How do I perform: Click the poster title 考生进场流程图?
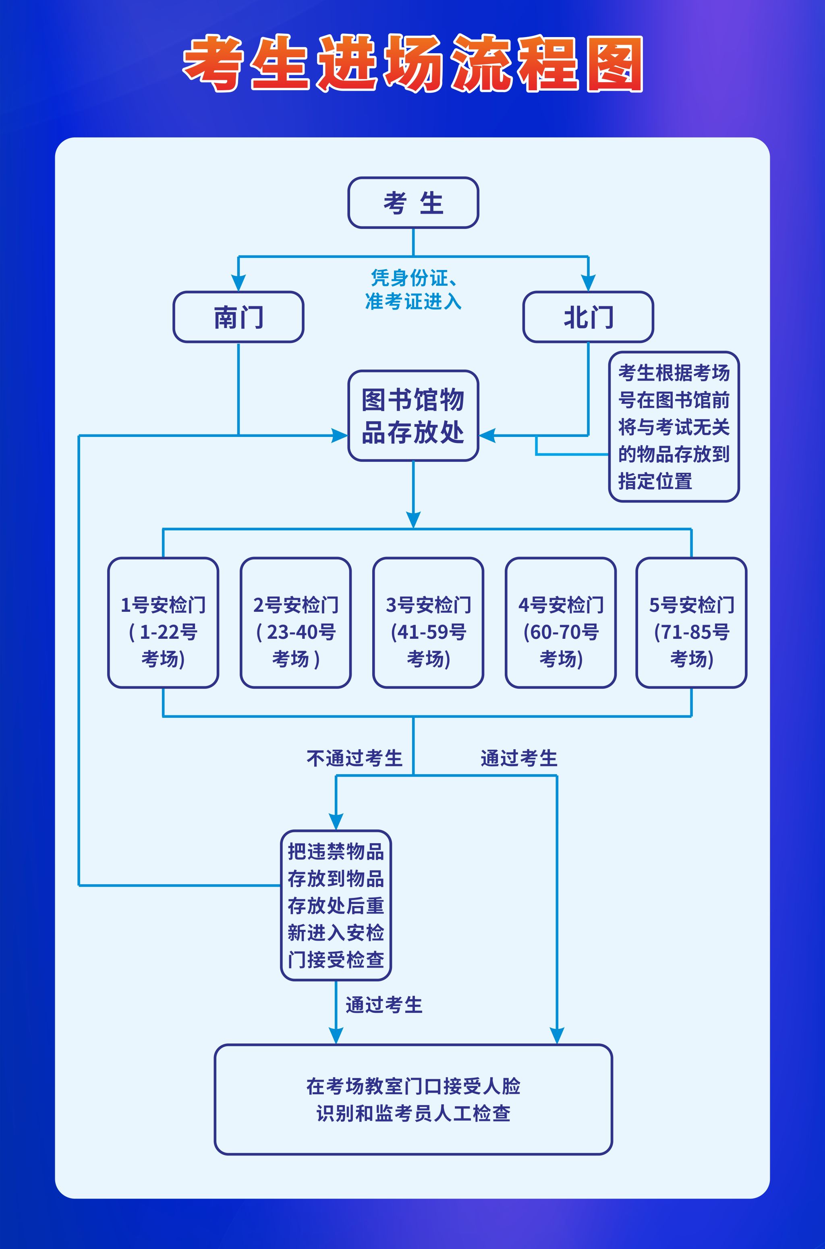coord(412,63)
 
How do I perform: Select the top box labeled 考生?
coord(413,203)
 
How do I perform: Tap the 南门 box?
coord(238,317)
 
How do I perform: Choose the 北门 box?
coord(588,317)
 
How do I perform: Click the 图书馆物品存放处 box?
coord(413,416)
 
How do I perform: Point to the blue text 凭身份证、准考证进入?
coord(413,289)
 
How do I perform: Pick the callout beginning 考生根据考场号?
coord(674,426)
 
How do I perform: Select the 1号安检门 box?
coord(163,623)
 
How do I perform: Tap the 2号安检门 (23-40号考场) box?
coord(296,623)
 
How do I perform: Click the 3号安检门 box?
coord(428,623)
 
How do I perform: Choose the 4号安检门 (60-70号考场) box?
coord(561,623)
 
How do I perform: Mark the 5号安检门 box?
coord(691,623)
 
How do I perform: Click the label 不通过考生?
coord(354,759)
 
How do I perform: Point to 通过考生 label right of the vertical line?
coord(519,759)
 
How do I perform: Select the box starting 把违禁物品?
coord(336,905)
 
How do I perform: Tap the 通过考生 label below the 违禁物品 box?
coord(384,1005)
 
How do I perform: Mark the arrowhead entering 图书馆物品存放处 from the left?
coord(339,435)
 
